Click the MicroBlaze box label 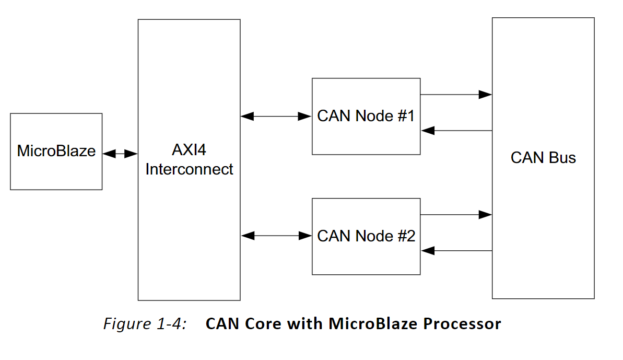point(56,151)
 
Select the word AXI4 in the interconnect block point(189,150)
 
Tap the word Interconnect point(189,169)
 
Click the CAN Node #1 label point(366,116)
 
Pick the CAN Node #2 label point(366,236)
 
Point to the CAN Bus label point(543,158)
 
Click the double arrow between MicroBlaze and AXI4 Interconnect point(120,154)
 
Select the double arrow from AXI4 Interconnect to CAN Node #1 point(276,117)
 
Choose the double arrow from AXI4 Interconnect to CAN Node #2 point(276,236)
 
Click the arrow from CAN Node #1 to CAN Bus point(456,95)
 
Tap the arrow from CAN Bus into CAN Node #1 point(456,131)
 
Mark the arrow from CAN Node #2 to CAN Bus point(456,214)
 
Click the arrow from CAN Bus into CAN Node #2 point(456,251)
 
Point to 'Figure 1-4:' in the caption point(145,324)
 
